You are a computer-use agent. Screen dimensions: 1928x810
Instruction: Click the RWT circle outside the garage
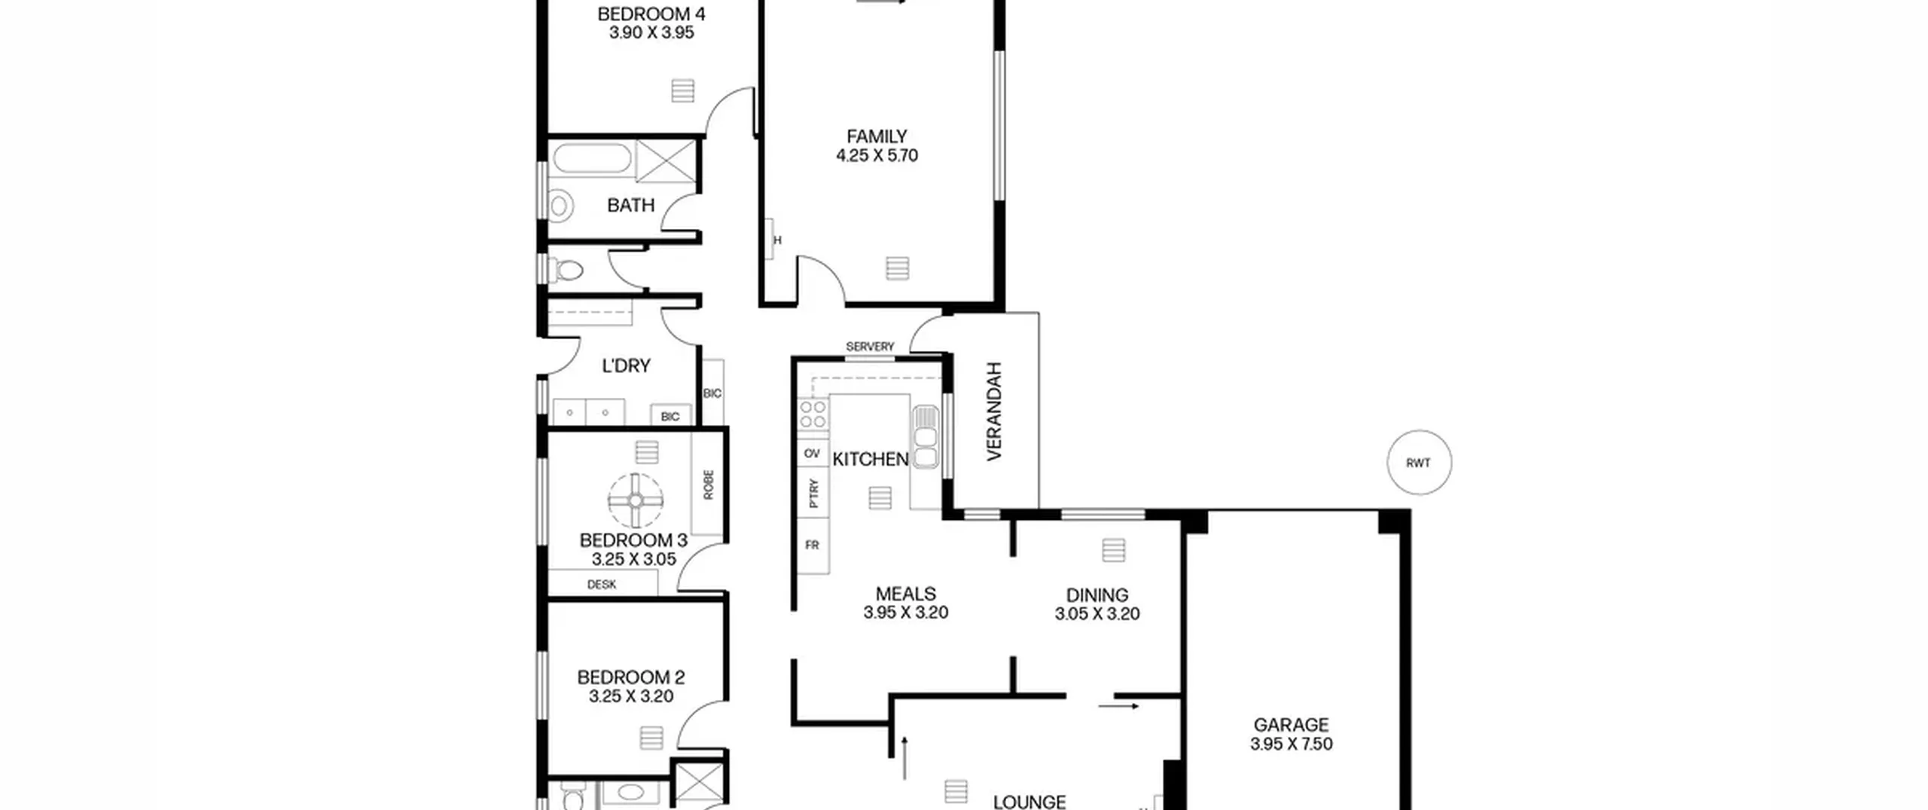(x=1419, y=463)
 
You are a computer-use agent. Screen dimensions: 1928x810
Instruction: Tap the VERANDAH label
(x=995, y=411)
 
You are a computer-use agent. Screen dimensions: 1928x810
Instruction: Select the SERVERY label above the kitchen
(x=870, y=347)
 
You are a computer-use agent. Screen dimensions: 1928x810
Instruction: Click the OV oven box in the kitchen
(x=813, y=454)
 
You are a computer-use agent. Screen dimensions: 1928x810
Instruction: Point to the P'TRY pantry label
(x=813, y=493)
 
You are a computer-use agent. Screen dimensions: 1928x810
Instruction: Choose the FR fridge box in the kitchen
(x=813, y=545)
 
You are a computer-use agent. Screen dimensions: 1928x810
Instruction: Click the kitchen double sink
(x=926, y=437)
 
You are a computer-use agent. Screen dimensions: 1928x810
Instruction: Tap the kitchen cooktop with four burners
(x=813, y=414)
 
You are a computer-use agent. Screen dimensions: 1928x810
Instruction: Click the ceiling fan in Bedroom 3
(x=636, y=500)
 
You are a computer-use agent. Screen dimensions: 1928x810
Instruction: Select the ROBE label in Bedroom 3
(x=708, y=485)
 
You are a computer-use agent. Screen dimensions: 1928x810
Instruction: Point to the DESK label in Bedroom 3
(x=602, y=584)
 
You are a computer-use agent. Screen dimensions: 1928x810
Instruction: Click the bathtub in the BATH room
(x=592, y=160)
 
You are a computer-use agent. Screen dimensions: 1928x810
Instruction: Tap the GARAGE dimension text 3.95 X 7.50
(x=1292, y=744)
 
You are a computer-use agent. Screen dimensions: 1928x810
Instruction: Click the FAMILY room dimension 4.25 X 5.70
(x=877, y=156)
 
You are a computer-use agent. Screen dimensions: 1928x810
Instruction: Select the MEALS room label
(x=906, y=594)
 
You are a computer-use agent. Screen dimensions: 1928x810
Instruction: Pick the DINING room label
(x=1097, y=595)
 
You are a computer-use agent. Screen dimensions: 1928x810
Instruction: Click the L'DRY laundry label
(x=626, y=366)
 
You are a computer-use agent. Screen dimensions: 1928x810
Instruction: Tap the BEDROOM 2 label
(x=631, y=677)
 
